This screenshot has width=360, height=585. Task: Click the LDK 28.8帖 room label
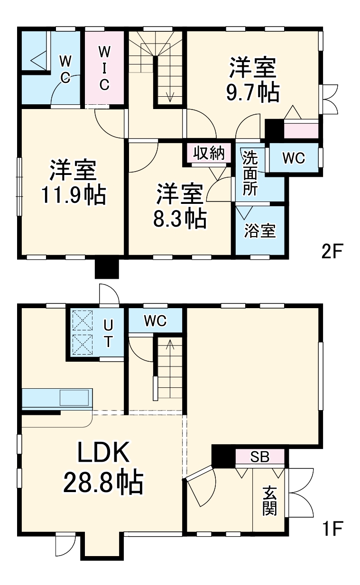coord(103,467)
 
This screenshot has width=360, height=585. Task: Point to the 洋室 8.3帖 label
coord(180,206)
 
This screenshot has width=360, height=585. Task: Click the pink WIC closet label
coord(104,68)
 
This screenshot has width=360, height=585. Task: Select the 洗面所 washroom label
coord(250,173)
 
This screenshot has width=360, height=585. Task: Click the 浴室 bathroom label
coord(260,230)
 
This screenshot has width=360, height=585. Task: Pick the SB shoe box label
coord(259,457)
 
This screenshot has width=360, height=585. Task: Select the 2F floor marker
coord(332,251)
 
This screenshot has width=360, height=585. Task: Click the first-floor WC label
coord(155,320)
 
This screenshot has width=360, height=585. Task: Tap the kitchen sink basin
coord(74,398)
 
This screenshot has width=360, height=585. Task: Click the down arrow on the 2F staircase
coord(170,89)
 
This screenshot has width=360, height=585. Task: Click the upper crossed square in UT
coord(83,320)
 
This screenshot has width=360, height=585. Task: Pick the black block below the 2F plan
coord(107,269)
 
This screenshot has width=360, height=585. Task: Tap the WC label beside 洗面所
coord(294,158)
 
